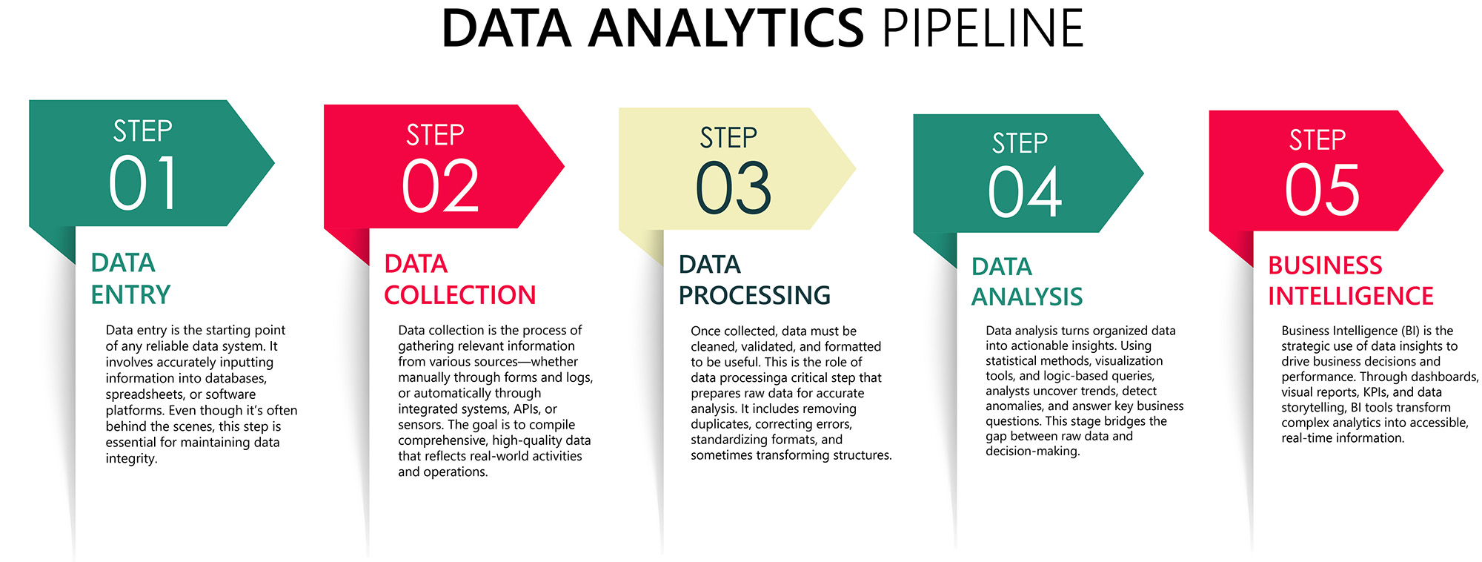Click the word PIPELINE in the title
click(x=983, y=29)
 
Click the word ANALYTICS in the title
click(x=726, y=29)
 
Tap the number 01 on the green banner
click(x=144, y=183)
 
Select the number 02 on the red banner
click(x=440, y=186)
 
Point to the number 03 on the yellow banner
click(x=734, y=188)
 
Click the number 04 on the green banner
click(x=1025, y=192)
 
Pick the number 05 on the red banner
click(x=1323, y=191)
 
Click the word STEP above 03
click(x=728, y=138)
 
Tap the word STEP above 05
click(x=1317, y=140)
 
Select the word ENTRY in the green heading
click(x=130, y=295)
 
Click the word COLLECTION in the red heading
click(x=459, y=295)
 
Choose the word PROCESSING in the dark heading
click(x=754, y=296)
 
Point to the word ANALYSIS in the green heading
click(x=1027, y=297)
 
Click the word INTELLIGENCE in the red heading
click(x=1350, y=296)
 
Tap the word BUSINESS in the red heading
click(x=1325, y=265)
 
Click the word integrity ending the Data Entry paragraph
click(x=131, y=458)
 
